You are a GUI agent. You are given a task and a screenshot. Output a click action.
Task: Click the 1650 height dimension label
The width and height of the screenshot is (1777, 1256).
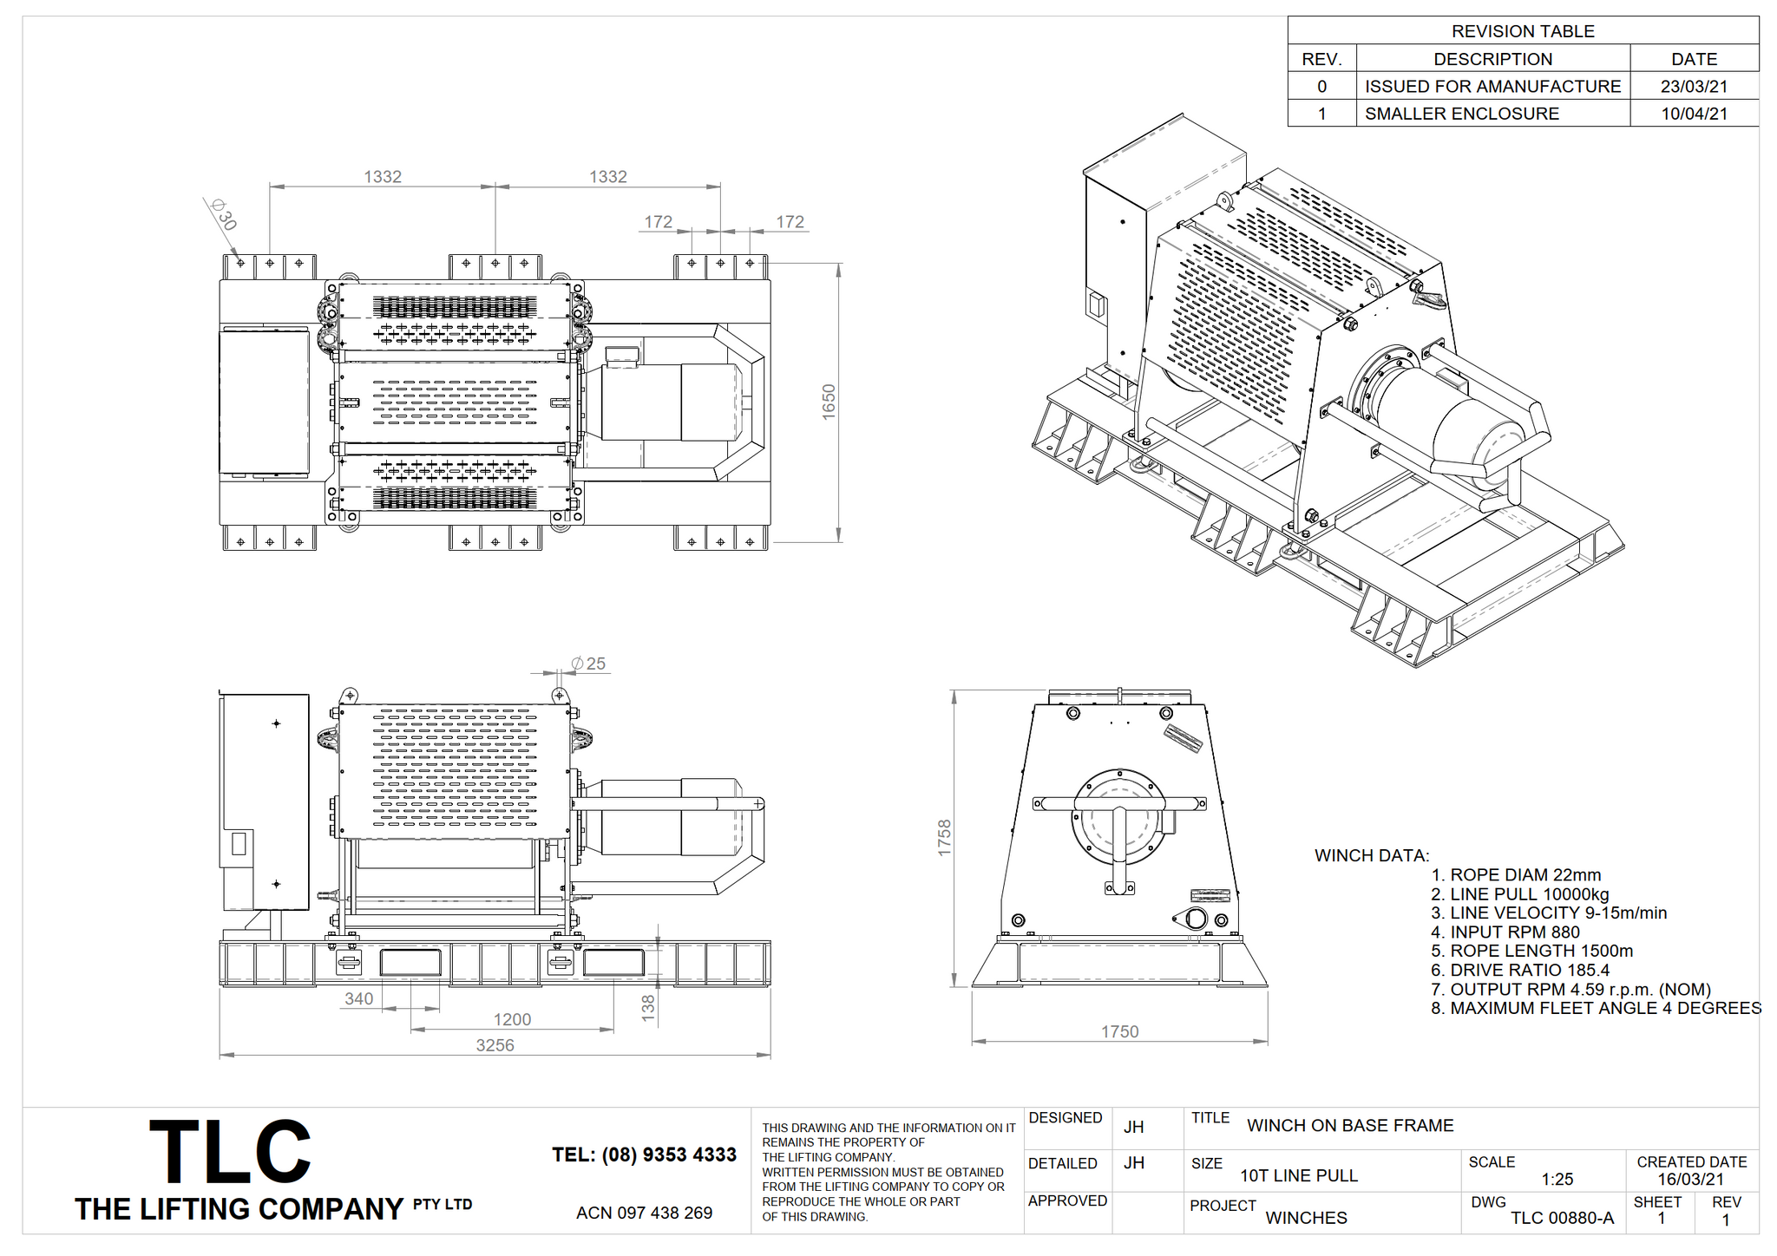(829, 402)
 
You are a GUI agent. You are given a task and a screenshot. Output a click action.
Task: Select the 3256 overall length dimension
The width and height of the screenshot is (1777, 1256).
(495, 1045)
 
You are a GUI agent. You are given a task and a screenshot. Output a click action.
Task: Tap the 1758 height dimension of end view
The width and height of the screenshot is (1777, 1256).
(945, 838)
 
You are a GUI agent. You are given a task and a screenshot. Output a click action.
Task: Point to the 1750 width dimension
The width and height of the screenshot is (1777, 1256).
(1119, 1031)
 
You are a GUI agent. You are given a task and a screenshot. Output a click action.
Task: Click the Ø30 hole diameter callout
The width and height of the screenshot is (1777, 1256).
(224, 214)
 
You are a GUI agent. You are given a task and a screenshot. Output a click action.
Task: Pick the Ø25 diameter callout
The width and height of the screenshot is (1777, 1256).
(588, 664)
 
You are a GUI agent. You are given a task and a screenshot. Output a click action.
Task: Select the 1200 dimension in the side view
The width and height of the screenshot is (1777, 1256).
(512, 1019)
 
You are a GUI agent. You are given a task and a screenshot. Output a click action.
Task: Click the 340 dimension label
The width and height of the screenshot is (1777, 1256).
(358, 998)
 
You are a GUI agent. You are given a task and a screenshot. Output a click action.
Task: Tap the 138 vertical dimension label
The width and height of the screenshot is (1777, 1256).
(648, 1008)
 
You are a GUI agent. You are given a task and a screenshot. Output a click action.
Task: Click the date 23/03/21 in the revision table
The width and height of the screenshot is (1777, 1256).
(1694, 87)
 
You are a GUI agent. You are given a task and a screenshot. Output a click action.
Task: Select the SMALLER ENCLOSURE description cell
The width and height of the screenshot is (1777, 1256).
(1461, 114)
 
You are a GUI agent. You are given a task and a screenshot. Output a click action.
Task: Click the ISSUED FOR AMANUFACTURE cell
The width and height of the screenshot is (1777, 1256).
(1492, 87)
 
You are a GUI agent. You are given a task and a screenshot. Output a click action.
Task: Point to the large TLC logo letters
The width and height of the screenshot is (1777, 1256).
(230, 1151)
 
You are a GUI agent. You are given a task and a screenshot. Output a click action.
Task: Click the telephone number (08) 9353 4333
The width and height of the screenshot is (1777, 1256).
(644, 1155)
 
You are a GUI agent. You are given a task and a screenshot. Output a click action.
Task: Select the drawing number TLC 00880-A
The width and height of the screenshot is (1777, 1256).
(1562, 1218)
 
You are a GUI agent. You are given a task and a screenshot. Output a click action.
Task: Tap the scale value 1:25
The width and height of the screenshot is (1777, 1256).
(1557, 1179)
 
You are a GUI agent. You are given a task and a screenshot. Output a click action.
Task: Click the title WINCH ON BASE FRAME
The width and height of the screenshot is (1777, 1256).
(1350, 1125)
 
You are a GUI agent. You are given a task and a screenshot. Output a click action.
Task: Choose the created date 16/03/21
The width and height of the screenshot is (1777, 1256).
(1690, 1179)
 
